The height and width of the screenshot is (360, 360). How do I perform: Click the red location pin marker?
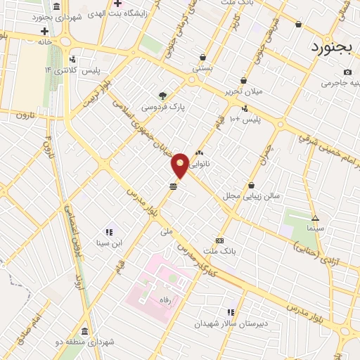click(180, 165)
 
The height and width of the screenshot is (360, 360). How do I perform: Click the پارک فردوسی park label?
click(163, 108)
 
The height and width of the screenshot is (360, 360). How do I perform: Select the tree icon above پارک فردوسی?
click(163, 95)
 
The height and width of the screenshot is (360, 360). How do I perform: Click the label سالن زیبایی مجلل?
click(252, 195)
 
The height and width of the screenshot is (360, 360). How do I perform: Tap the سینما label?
click(315, 229)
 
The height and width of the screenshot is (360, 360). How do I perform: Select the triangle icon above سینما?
click(315, 218)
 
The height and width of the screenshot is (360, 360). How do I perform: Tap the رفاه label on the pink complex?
click(166, 299)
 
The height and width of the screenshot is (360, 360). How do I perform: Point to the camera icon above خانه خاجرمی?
click(347, 72)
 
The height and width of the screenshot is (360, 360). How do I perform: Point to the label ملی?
click(167, 231)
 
